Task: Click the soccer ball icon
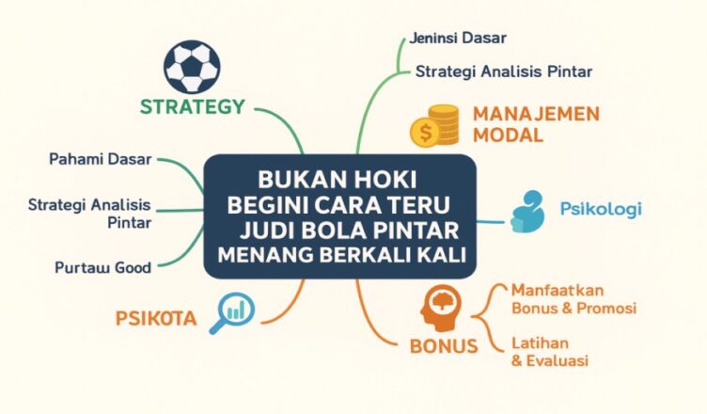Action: click(192, 66)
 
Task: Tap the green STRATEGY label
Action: click(192, 106)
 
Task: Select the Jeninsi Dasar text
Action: click(458, 38)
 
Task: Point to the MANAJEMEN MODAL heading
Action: click(536, 124)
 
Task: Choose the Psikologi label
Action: click(600, 208)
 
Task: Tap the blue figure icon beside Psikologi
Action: click(528, 211)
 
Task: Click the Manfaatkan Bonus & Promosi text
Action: click(573, 298)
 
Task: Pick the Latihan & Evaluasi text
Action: click(551, 351)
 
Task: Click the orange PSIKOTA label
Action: click(156, 318)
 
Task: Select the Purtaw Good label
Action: click(102, 267)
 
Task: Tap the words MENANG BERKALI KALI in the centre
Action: click(342, 256)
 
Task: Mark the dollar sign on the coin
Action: click(427, 134)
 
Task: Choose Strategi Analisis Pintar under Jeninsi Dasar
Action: click(504, 71)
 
